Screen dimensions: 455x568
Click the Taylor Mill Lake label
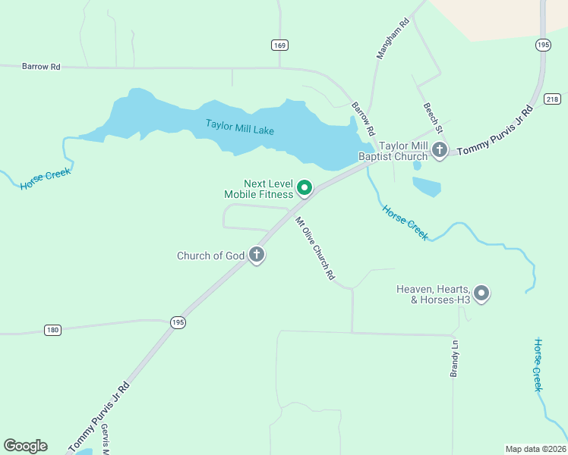click(239, 127)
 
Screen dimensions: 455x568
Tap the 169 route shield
click(279, 45)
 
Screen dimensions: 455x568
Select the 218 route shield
click(553, 99)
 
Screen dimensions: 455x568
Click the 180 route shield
click(52, 330)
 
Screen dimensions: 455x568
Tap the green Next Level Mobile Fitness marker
click(305, 187)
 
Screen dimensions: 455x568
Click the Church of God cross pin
click(257, 255)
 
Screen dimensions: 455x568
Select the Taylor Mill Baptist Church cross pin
click(440, 150)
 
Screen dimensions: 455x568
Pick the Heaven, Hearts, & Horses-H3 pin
click(481, 293)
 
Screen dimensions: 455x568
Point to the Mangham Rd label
click(393, 38)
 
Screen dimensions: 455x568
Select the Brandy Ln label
click(454, 358)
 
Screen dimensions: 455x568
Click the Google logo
click(25, 446)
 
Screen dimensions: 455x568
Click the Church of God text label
click(210, 256)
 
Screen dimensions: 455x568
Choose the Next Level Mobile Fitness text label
click(258, 189)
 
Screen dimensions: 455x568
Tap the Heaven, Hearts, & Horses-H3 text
click(434, 294)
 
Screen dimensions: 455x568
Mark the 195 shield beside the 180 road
click(178, 322)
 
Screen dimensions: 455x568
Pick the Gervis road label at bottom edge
click(105, 440)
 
